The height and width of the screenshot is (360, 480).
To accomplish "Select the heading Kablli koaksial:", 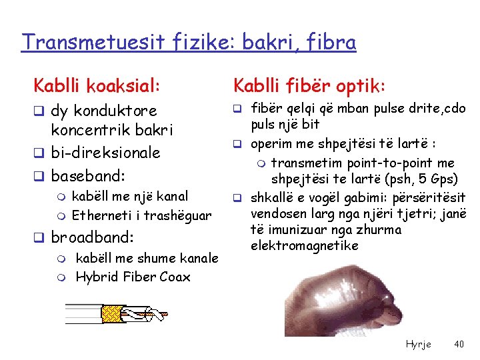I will point(97,85).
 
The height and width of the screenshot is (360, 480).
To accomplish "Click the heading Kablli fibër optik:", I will point(308,85).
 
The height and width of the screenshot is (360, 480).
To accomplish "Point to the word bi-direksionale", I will point(106,153).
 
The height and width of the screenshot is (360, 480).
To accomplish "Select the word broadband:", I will point(93,237).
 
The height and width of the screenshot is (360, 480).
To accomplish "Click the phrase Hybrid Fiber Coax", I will point(133,277).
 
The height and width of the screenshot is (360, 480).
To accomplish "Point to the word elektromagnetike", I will point(305,245).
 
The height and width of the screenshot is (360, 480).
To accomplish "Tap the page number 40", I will point(459,344).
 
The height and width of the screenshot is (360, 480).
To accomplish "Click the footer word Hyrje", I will point(418,344).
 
